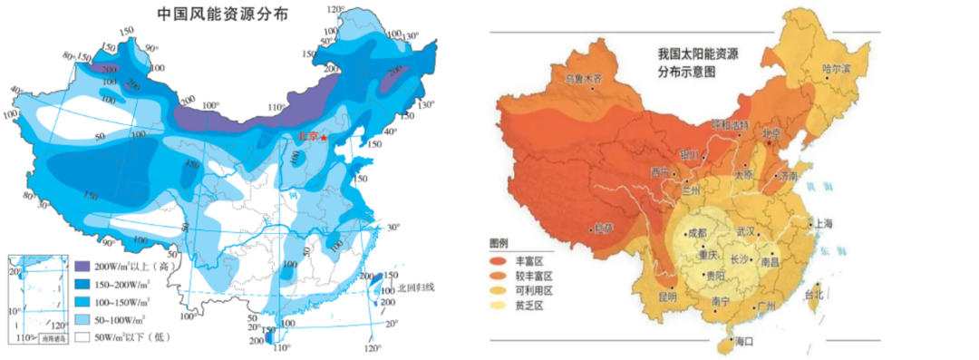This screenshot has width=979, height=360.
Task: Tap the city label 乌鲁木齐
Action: pyautogui.click(x=584, y=79)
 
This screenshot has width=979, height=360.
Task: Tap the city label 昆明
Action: pyautogui.click(x=667, y=296)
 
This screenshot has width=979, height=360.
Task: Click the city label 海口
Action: pyautogui.click(x=744, y=341)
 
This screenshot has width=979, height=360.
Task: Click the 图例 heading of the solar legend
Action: pyautogui.click(x=500, y=244)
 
